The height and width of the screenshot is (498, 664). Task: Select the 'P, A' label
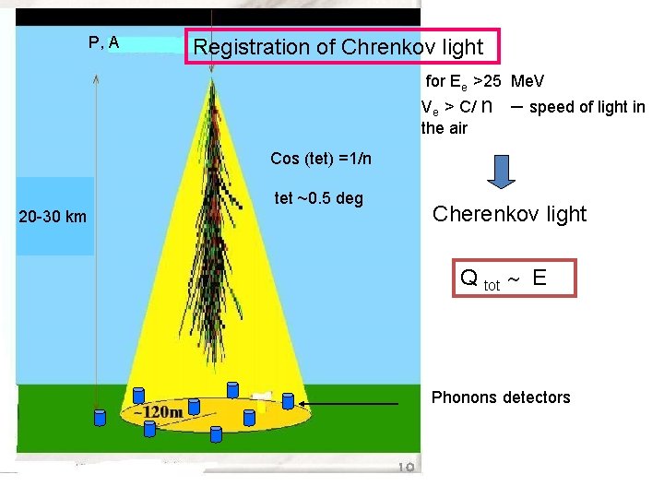point(103,42)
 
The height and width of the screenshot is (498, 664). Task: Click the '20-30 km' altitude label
point(53,217)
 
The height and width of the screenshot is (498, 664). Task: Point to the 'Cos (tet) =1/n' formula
point(321,159)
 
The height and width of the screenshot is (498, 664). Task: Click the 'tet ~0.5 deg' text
point(318,199)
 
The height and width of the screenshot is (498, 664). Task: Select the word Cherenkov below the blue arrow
point(476,214)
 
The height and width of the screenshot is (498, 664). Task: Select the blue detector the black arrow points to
point(289,400)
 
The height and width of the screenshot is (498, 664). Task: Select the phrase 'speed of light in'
point(587,107)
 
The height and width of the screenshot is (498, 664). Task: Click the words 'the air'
point(444,128)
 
